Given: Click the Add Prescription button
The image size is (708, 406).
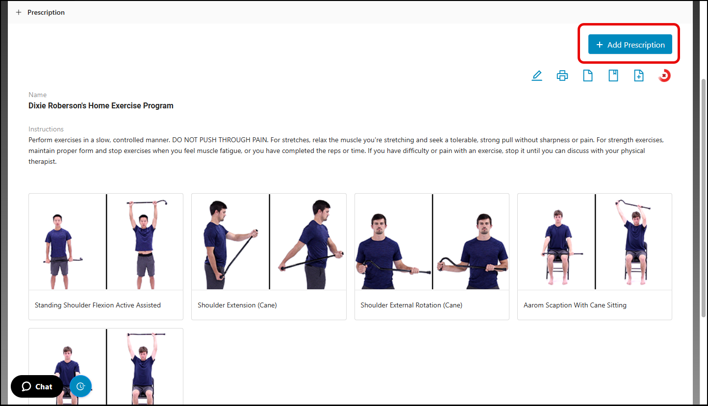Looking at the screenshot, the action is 630,44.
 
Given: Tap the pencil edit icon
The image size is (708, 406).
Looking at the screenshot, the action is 537,76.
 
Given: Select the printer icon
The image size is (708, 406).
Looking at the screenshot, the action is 562,76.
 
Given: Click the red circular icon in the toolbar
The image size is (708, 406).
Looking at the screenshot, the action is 664,76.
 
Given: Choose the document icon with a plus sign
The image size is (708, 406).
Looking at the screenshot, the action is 638,76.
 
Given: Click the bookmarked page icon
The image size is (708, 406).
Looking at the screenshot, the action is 613,76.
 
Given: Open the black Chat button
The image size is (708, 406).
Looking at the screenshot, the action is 37,386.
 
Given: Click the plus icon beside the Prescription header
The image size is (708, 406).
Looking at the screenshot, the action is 19,12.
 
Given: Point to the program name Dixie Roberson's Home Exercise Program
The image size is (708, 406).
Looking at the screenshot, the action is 101,105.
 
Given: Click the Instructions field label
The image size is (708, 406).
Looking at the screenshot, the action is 46,129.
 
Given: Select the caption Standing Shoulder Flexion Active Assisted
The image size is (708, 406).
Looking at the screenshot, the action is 98,305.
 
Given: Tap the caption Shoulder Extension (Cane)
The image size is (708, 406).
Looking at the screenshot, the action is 237,305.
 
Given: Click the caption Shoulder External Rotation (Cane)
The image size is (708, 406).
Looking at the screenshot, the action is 411,305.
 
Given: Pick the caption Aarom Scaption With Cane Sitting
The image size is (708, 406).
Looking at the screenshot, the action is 575,305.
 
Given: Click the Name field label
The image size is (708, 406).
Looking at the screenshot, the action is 37,95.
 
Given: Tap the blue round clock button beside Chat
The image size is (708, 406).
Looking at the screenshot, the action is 80,386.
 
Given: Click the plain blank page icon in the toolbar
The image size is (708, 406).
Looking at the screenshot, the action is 587,76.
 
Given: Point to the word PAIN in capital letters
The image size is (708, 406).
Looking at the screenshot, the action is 259,140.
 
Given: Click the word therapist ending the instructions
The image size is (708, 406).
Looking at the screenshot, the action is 42,162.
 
